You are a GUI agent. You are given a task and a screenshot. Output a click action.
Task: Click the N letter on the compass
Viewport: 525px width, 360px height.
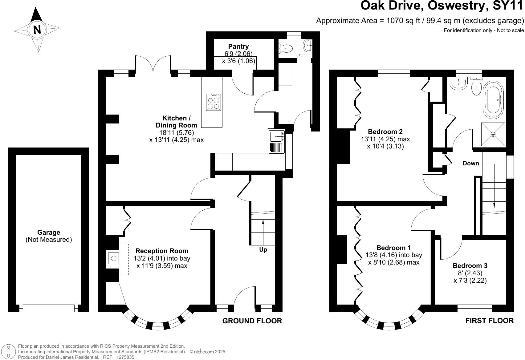click(37, 30)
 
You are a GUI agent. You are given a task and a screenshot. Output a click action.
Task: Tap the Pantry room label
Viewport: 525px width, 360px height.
click(238, 47)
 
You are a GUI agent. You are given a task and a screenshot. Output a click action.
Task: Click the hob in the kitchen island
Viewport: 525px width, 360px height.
click(214, 102)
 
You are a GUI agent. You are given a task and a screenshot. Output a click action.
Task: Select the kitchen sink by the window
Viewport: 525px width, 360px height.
click(277, 141)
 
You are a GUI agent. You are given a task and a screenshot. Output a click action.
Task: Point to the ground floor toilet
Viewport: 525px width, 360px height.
click(285, 49)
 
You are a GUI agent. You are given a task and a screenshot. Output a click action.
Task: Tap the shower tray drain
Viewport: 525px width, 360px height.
click(493, 134)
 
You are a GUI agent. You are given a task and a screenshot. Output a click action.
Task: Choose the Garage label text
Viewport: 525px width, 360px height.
click(49, 232)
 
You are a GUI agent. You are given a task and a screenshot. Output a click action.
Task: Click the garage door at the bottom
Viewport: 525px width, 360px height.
click(49, 308)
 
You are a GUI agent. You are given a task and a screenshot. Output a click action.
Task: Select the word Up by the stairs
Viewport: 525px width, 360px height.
click(263, 250)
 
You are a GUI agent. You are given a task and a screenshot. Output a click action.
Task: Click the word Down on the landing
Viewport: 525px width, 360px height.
click(471, 163)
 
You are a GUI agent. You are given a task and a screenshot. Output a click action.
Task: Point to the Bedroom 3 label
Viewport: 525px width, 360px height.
click(470, 265)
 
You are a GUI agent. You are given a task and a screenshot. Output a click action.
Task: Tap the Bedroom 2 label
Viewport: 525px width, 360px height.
click(385, 131)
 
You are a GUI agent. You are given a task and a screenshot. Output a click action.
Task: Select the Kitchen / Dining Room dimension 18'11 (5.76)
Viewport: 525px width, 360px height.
click(177, 132)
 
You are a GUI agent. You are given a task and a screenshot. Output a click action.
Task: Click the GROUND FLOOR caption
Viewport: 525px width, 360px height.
click(252, 321)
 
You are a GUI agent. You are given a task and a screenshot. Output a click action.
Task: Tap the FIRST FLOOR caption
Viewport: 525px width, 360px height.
click(489, 320)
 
